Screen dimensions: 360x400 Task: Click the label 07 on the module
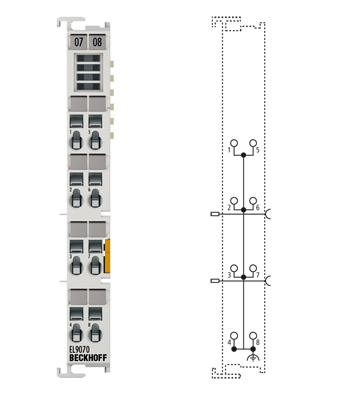[79, 42]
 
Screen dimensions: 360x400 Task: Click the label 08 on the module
[97, 42]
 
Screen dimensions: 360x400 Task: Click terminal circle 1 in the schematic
[234, 143]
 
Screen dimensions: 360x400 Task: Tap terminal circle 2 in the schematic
[234, 199]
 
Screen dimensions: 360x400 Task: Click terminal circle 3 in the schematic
[234, 266]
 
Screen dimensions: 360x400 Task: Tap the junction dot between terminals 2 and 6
[243, 212]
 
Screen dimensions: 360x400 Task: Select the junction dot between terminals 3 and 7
[243, 280]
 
